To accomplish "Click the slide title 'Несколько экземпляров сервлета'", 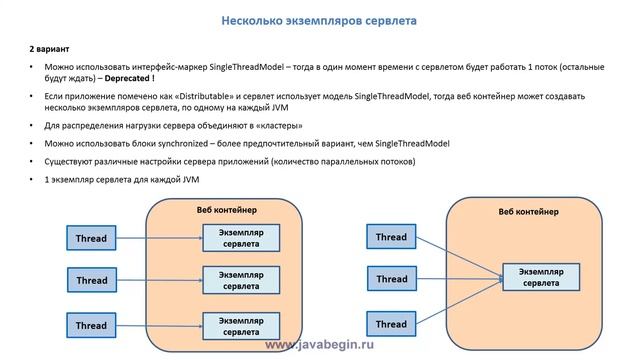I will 319,20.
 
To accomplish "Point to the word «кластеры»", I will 277,127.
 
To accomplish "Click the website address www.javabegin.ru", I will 319,344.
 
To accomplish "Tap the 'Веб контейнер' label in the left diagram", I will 226,209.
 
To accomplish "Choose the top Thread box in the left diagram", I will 91,238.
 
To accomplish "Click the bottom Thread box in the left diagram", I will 91,325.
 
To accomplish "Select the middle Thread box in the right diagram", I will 391,280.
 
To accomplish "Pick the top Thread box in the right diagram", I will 391,237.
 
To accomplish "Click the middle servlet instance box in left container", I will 238,279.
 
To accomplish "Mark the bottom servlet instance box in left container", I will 238,325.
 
